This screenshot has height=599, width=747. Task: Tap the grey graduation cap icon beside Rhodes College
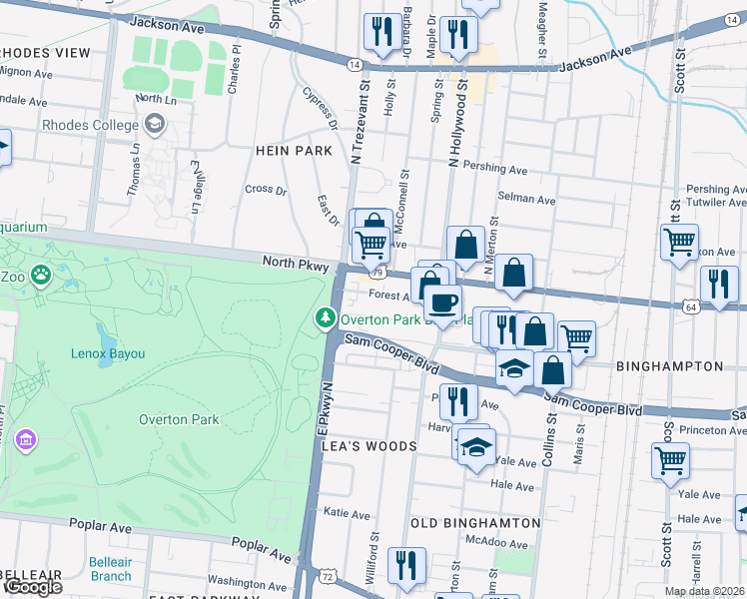pos(154,124)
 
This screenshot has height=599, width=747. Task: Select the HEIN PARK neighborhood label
pos(293,151)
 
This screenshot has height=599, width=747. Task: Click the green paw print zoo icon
pos(41,274)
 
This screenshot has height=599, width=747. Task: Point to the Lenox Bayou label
pos(108,353)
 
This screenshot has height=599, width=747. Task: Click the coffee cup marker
pos(442,301)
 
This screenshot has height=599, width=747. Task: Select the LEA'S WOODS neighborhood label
pos(369,446)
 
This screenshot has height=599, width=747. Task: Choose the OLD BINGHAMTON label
pos(475,522)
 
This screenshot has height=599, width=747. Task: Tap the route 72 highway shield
pos(327,575)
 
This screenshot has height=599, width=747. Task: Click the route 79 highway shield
pos(376,272)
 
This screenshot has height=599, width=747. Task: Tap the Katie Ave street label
pos(349,513)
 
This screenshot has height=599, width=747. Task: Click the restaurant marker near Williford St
pos(406,564)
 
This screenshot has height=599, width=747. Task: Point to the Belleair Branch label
pos(110,569)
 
